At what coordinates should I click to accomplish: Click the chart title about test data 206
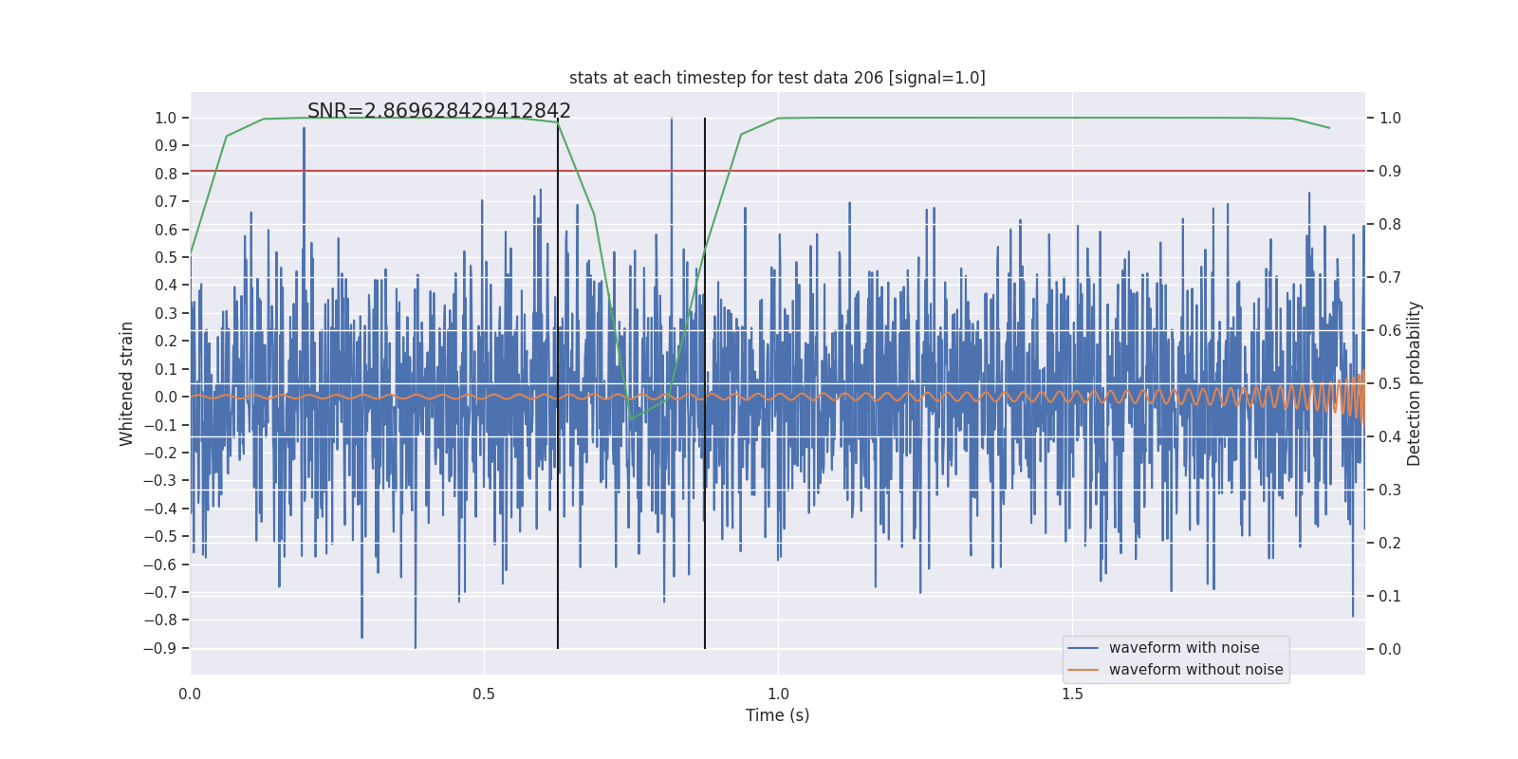[x=777, y=78]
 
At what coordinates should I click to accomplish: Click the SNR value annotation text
[x=438, y=111]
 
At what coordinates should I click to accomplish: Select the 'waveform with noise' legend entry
[x=1184, y=648]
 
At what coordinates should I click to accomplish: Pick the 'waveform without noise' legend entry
[x=1195, y=670]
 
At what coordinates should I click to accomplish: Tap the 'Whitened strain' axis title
[x=127, y=383]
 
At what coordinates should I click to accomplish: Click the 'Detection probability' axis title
[x=1415, y=383]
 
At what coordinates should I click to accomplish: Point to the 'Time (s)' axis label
[x=777, y=715]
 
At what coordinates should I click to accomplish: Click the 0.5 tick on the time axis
[x=484, y=694]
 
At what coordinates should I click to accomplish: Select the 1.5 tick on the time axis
[x=1072, y=694]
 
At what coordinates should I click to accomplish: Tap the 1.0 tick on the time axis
[x=778, y=694]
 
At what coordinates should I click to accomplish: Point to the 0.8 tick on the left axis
[x=166, y=174]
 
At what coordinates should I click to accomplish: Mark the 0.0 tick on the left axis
[x=166, y=398]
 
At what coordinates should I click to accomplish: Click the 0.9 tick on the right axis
[x=1390, y=172]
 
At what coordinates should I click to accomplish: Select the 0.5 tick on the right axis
[x=1390, y=384]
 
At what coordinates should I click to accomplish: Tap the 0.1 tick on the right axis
[x=1390, y=597]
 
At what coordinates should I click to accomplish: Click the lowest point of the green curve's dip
[x=631, y=418]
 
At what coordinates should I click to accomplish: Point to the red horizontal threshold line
[x=949, y=172]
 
